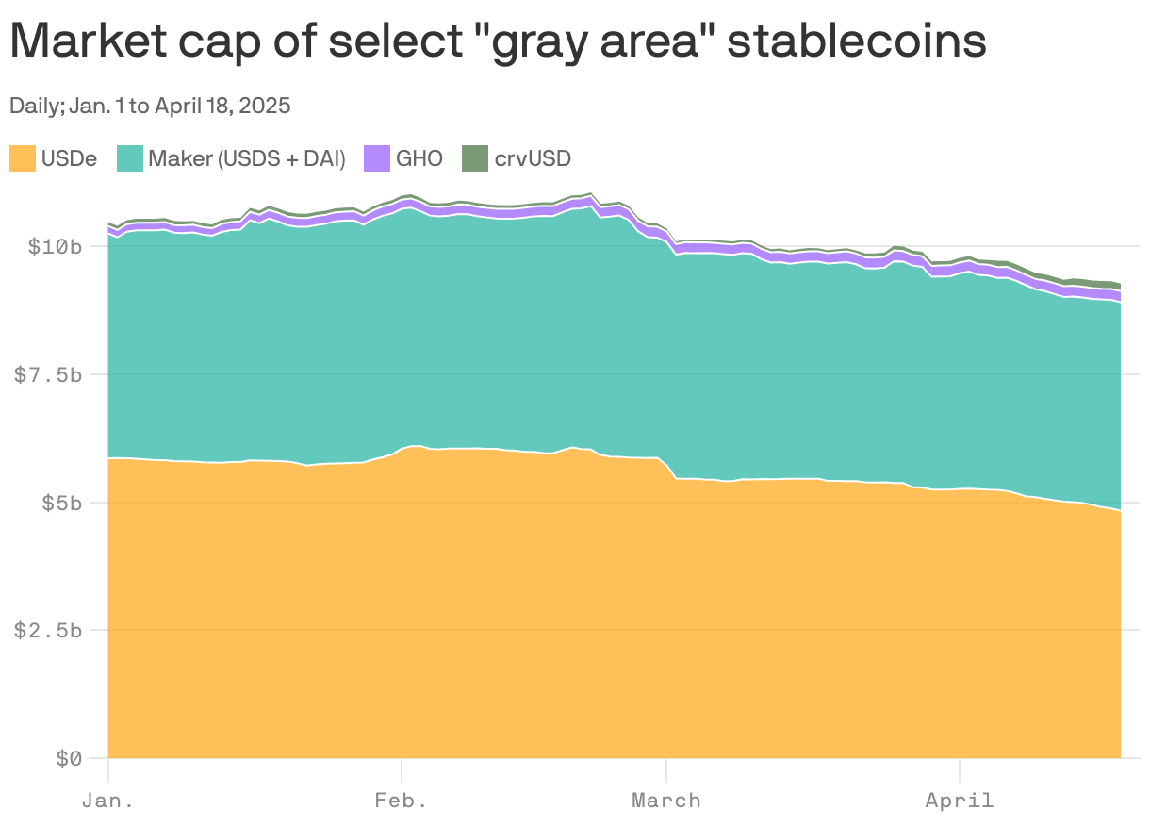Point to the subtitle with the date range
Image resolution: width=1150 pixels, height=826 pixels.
pyautogui.click(x=150, y=106)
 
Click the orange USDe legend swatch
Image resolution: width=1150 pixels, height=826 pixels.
pyautogui.click(x=23, y=158)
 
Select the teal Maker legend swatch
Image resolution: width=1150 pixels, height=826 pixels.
pyautogui.click(x=130, y=158)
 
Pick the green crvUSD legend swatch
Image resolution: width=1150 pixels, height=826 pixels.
pyautogui.click(x=475, y=158)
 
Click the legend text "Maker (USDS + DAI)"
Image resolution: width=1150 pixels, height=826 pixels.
pyautogui.click(x=247, y=158)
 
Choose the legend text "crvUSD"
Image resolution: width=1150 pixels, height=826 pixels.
pyautogui.click(x=533, y=158)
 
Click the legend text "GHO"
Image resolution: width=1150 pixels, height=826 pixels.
pyautogui.click(x=419, y=158)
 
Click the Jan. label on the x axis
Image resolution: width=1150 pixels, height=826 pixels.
pyautogui.click(x=108, y=801)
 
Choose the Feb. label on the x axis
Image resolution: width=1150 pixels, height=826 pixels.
pyautogui.click(x=402, y=801)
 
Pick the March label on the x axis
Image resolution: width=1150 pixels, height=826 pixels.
pyautogui.click(x=666, y=801)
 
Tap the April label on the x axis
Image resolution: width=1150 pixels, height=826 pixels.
pyautogui.click(x=960, y=801)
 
